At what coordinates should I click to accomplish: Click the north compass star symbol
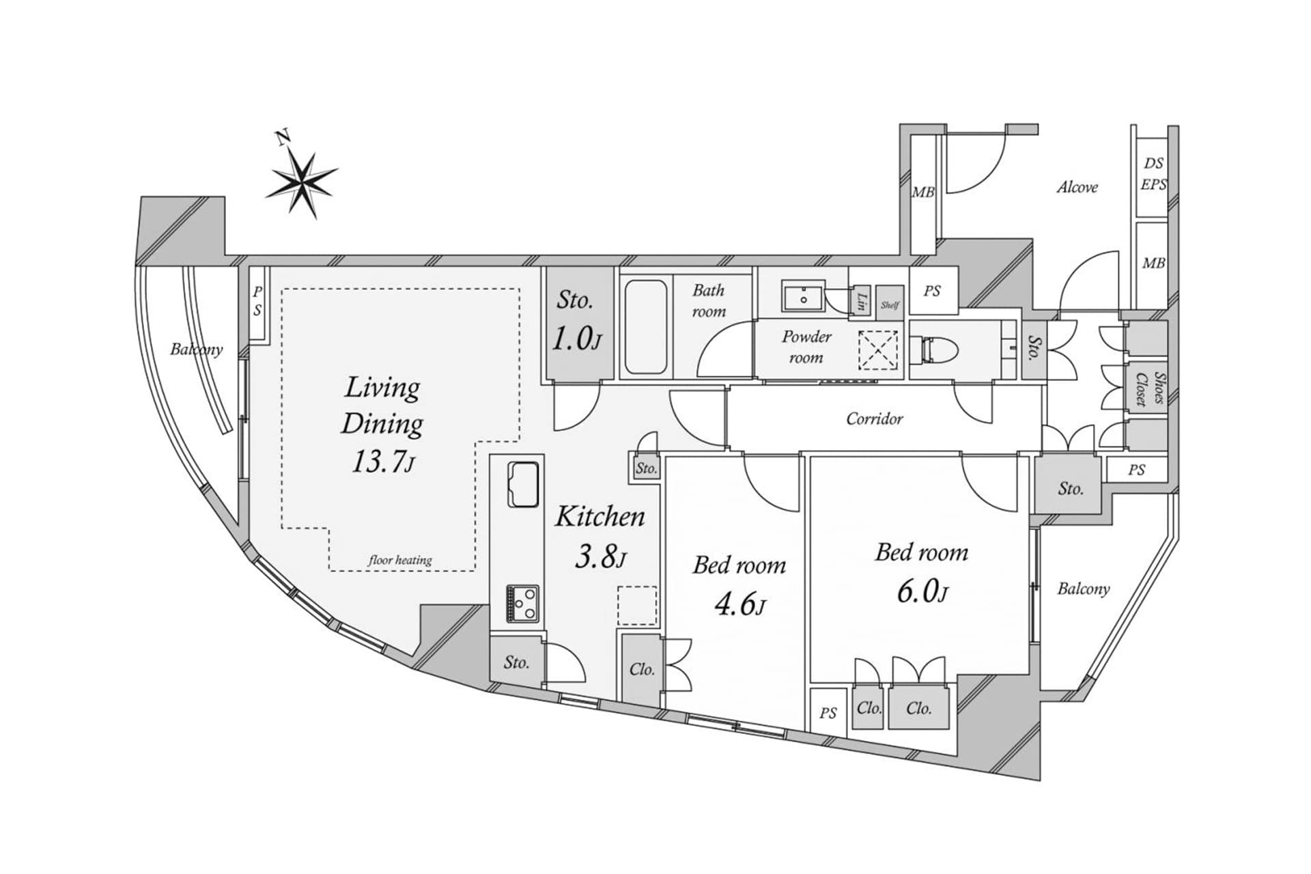(x=302, y=183)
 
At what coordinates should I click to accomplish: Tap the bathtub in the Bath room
(x=645, y=327)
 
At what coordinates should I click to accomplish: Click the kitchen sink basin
(x=523, y=485)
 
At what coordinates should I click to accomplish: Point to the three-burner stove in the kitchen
(x=522, y=603)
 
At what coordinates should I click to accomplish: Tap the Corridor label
(x=874, y=419)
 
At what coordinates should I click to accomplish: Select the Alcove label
(x=1077, y=187)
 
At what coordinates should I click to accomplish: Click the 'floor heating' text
(x=400, y=560)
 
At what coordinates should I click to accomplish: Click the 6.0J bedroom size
(x=922, y=591)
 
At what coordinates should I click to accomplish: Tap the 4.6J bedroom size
(x=739, y=604)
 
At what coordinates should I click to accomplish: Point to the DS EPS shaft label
(x=1153, y=173)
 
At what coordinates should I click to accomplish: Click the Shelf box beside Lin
(x=890, y=302)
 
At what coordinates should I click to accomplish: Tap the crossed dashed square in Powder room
(x=878, y=350)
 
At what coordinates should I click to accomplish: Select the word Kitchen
(x=600, y=517)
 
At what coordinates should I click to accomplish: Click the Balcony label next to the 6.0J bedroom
(x=1083, y=589)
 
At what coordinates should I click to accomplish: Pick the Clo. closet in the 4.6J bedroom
(x=642, y=669)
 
